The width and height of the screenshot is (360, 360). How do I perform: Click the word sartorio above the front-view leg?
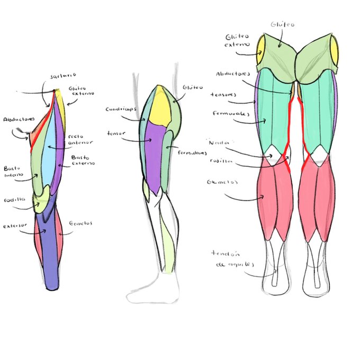[64, 76]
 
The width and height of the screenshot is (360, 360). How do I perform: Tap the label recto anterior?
[81, 138]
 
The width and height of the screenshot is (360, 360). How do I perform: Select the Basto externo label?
[84, 160]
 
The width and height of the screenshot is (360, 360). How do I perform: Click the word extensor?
[14, 226]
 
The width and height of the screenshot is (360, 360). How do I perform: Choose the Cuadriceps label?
[121, 109]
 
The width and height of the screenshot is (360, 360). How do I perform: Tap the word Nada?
[217, 142]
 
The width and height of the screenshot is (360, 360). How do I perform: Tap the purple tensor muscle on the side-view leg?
[155, 156]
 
